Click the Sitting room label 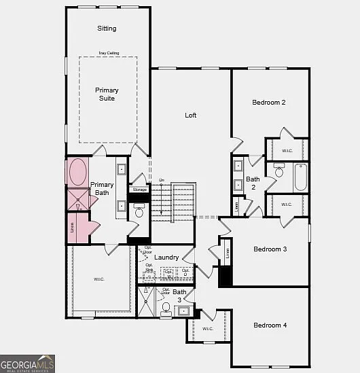[107, 29]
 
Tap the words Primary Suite [107, 94]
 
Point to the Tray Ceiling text [108, 53]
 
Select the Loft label [191, 116]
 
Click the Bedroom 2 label [269, 103]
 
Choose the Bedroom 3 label [270, 249]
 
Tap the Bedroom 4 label [270, 325]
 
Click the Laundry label [166, 257]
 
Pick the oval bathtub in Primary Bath [77, 171]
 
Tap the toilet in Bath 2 [278, 170]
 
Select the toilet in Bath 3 [166, 308]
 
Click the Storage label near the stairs [140, 190]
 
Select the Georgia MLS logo [27, 365]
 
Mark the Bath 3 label [179, 296]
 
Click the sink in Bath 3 [183, 312]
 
